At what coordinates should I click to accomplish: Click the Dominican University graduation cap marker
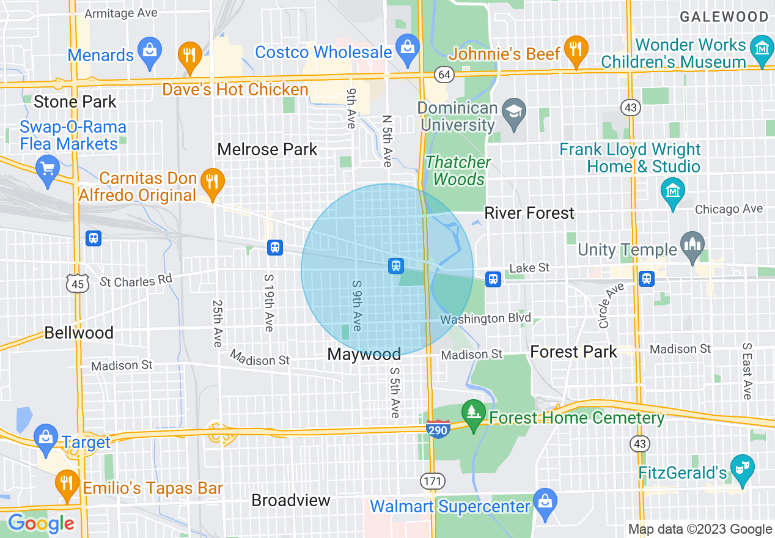[x=513, y=113]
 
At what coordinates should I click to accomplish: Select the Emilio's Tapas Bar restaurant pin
[x=66, y=483]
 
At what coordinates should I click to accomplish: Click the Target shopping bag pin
[x=45, y=437]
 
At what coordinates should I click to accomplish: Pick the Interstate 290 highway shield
[x=438, y=428]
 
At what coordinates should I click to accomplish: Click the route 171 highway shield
[x=432, y=481]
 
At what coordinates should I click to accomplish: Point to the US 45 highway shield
[x=77, y=284]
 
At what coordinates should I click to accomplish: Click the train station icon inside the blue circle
[x=395, y=265]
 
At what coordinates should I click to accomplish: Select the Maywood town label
[x=364, y=354]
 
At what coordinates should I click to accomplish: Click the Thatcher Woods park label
[x=458, y=171]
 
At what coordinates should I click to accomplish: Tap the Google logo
[x=41, y=523]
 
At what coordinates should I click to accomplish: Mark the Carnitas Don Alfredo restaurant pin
[x=212, y=182]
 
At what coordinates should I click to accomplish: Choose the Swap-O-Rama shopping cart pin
[x=48, y=168]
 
